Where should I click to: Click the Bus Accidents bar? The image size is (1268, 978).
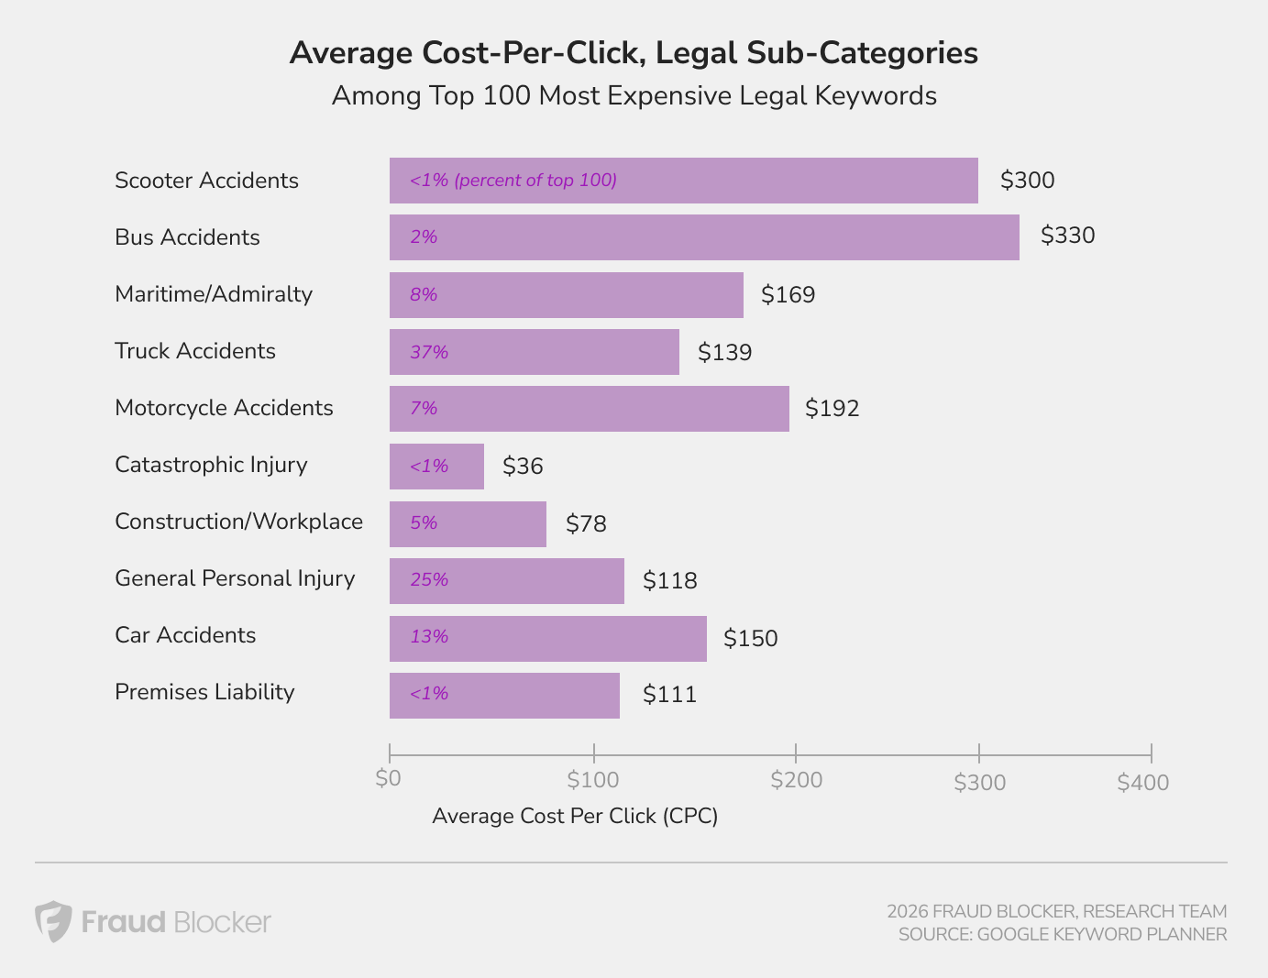point(704,237)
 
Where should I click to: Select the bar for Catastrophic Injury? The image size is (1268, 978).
point(436,467)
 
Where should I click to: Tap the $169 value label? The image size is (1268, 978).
point(788,295)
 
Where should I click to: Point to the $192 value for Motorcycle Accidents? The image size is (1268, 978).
point(832,409)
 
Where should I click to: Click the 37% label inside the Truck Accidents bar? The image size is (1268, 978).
point(429,352)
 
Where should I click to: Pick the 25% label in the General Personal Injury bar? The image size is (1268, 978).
point(429,580)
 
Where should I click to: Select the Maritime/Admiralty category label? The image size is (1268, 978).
point(214,294)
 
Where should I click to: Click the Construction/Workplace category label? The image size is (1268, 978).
point(238,522)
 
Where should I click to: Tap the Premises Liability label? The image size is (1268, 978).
point(204,692)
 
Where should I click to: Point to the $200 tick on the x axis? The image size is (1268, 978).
point(796,780)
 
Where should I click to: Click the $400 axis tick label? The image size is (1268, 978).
point(1143,782)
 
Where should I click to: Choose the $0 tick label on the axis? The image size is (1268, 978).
point(389,778)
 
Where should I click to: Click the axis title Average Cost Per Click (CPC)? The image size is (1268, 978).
point(575,816)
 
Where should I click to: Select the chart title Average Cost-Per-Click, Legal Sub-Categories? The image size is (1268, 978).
point(634,53)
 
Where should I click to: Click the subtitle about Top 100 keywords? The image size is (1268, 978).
point(634,96)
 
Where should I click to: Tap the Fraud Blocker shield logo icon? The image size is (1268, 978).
point(53,921)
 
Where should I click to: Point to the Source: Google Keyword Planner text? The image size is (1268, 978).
point(1062,935)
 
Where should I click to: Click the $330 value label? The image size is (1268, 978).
point(1068,236)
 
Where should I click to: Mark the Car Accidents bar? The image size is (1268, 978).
point(548,639)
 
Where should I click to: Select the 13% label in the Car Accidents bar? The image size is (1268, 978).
point(429,637)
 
